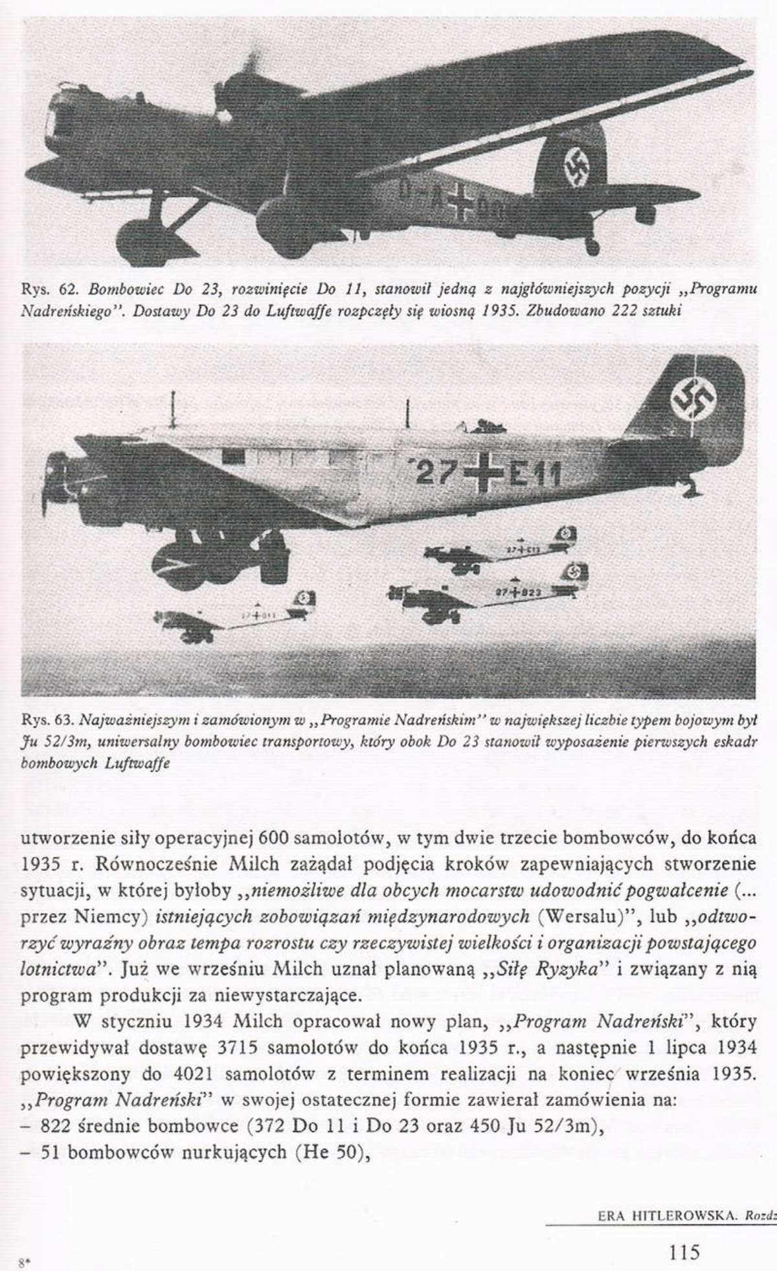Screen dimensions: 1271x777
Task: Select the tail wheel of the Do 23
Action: coord(591,247)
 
